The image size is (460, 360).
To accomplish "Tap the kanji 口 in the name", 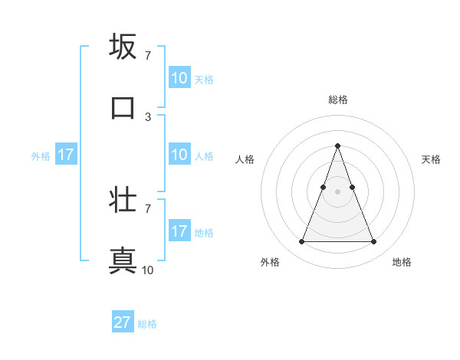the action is click(123, 108).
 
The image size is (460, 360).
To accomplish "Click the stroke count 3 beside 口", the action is click(147, 117).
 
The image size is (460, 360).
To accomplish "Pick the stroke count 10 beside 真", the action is click(147, 270).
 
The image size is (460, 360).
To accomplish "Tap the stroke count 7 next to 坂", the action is click(147, 56).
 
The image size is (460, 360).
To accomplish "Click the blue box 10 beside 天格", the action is click(179, 78).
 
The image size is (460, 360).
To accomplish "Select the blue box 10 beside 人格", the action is click(179, 155).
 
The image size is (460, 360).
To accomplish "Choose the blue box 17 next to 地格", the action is click(179, 231).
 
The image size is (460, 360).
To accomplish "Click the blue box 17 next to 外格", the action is click(66, 155).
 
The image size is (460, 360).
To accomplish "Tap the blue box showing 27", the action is click(123, 322).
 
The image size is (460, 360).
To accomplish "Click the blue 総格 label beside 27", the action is click(148, 324).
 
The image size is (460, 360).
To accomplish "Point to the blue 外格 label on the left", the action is click(41, 156).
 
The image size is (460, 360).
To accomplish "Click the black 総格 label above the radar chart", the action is click(338, 100).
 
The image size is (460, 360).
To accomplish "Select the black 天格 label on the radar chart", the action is click(432, 159).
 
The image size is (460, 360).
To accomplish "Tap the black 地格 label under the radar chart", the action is click(402, 262).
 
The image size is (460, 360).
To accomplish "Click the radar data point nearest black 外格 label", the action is click(301, 242).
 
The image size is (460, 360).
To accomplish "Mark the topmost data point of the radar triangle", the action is click(337, 146).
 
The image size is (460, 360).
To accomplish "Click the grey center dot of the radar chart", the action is click(337, 191).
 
